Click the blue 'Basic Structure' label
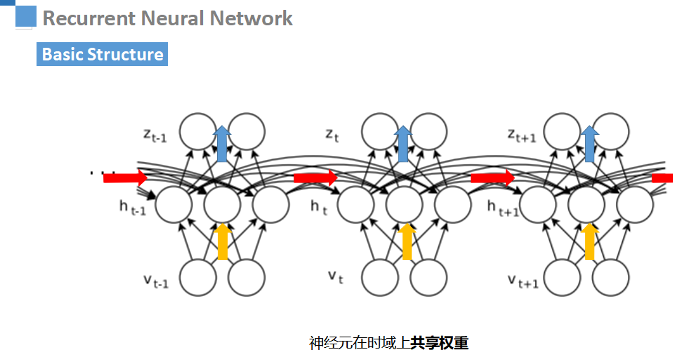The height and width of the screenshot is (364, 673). [x=102, y=55]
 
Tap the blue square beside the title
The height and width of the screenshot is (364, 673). [x=26, y=15]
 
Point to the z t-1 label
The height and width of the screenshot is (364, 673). [x=155, y=135]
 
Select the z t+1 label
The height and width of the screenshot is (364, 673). [x=521, y=134]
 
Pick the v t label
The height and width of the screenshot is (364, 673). [x=335, y=278]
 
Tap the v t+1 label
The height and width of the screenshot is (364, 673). [x=522, y=281]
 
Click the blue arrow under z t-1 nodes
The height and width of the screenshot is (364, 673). [x=222, y=144]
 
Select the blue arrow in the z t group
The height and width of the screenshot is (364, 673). [x=404, y=144]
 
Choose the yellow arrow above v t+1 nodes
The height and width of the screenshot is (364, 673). [x=589, y=240]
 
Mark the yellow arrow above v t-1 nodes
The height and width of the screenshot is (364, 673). [x=223, y=240]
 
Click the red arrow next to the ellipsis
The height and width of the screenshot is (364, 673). [x=125, y=178]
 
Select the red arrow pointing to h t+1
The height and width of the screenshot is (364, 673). [x=492, y=178]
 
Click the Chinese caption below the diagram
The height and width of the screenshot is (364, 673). [x=388, y=343]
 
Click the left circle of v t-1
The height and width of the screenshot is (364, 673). [x=198, y=278]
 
